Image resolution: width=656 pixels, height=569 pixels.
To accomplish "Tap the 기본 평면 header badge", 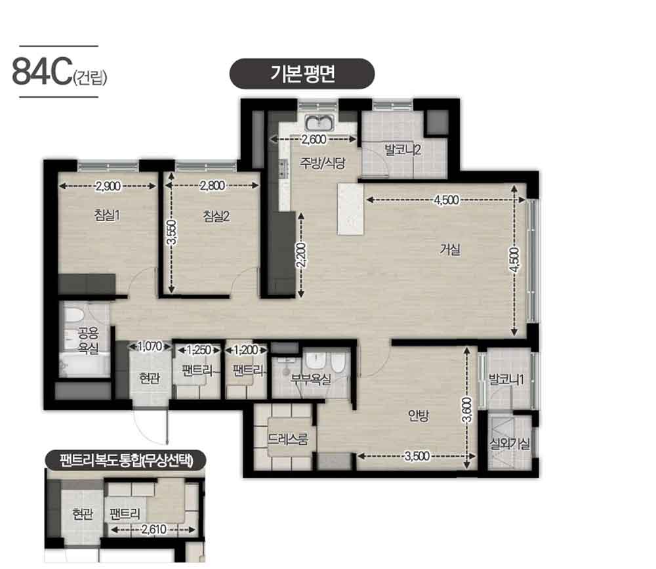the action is pos(302,74).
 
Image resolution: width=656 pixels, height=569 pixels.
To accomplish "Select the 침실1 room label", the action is pos(107,215).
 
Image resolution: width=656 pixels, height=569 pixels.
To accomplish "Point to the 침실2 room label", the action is pos(216,216).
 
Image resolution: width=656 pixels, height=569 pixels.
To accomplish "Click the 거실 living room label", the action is pos(450,250).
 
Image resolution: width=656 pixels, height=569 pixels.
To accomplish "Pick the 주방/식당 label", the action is pos(322,163).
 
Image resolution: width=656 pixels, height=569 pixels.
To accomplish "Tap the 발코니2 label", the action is pos(403,150).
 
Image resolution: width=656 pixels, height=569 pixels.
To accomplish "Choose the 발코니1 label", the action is pos(506,380).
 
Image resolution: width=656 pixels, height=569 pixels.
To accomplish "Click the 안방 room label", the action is pos(419,415).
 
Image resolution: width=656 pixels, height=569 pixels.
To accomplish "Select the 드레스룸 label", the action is pos(288,439).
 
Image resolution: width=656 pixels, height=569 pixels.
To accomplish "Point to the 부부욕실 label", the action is pos(311,379).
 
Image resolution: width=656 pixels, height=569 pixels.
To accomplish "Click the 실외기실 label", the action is pos(510,444).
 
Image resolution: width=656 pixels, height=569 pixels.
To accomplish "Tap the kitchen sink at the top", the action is pos(319,123).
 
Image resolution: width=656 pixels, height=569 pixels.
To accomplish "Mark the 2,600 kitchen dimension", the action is pos(314,139).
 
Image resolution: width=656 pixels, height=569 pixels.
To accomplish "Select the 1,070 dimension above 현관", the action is pos(150,347).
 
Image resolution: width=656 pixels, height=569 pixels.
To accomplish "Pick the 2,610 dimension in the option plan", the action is pos(154,530).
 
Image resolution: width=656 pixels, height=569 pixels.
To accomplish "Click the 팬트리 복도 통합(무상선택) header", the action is pos(125,461).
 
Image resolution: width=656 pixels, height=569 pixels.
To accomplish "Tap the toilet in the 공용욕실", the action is pos(75,317).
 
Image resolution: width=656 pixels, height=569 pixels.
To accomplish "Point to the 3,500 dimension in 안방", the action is pos(417,456).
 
